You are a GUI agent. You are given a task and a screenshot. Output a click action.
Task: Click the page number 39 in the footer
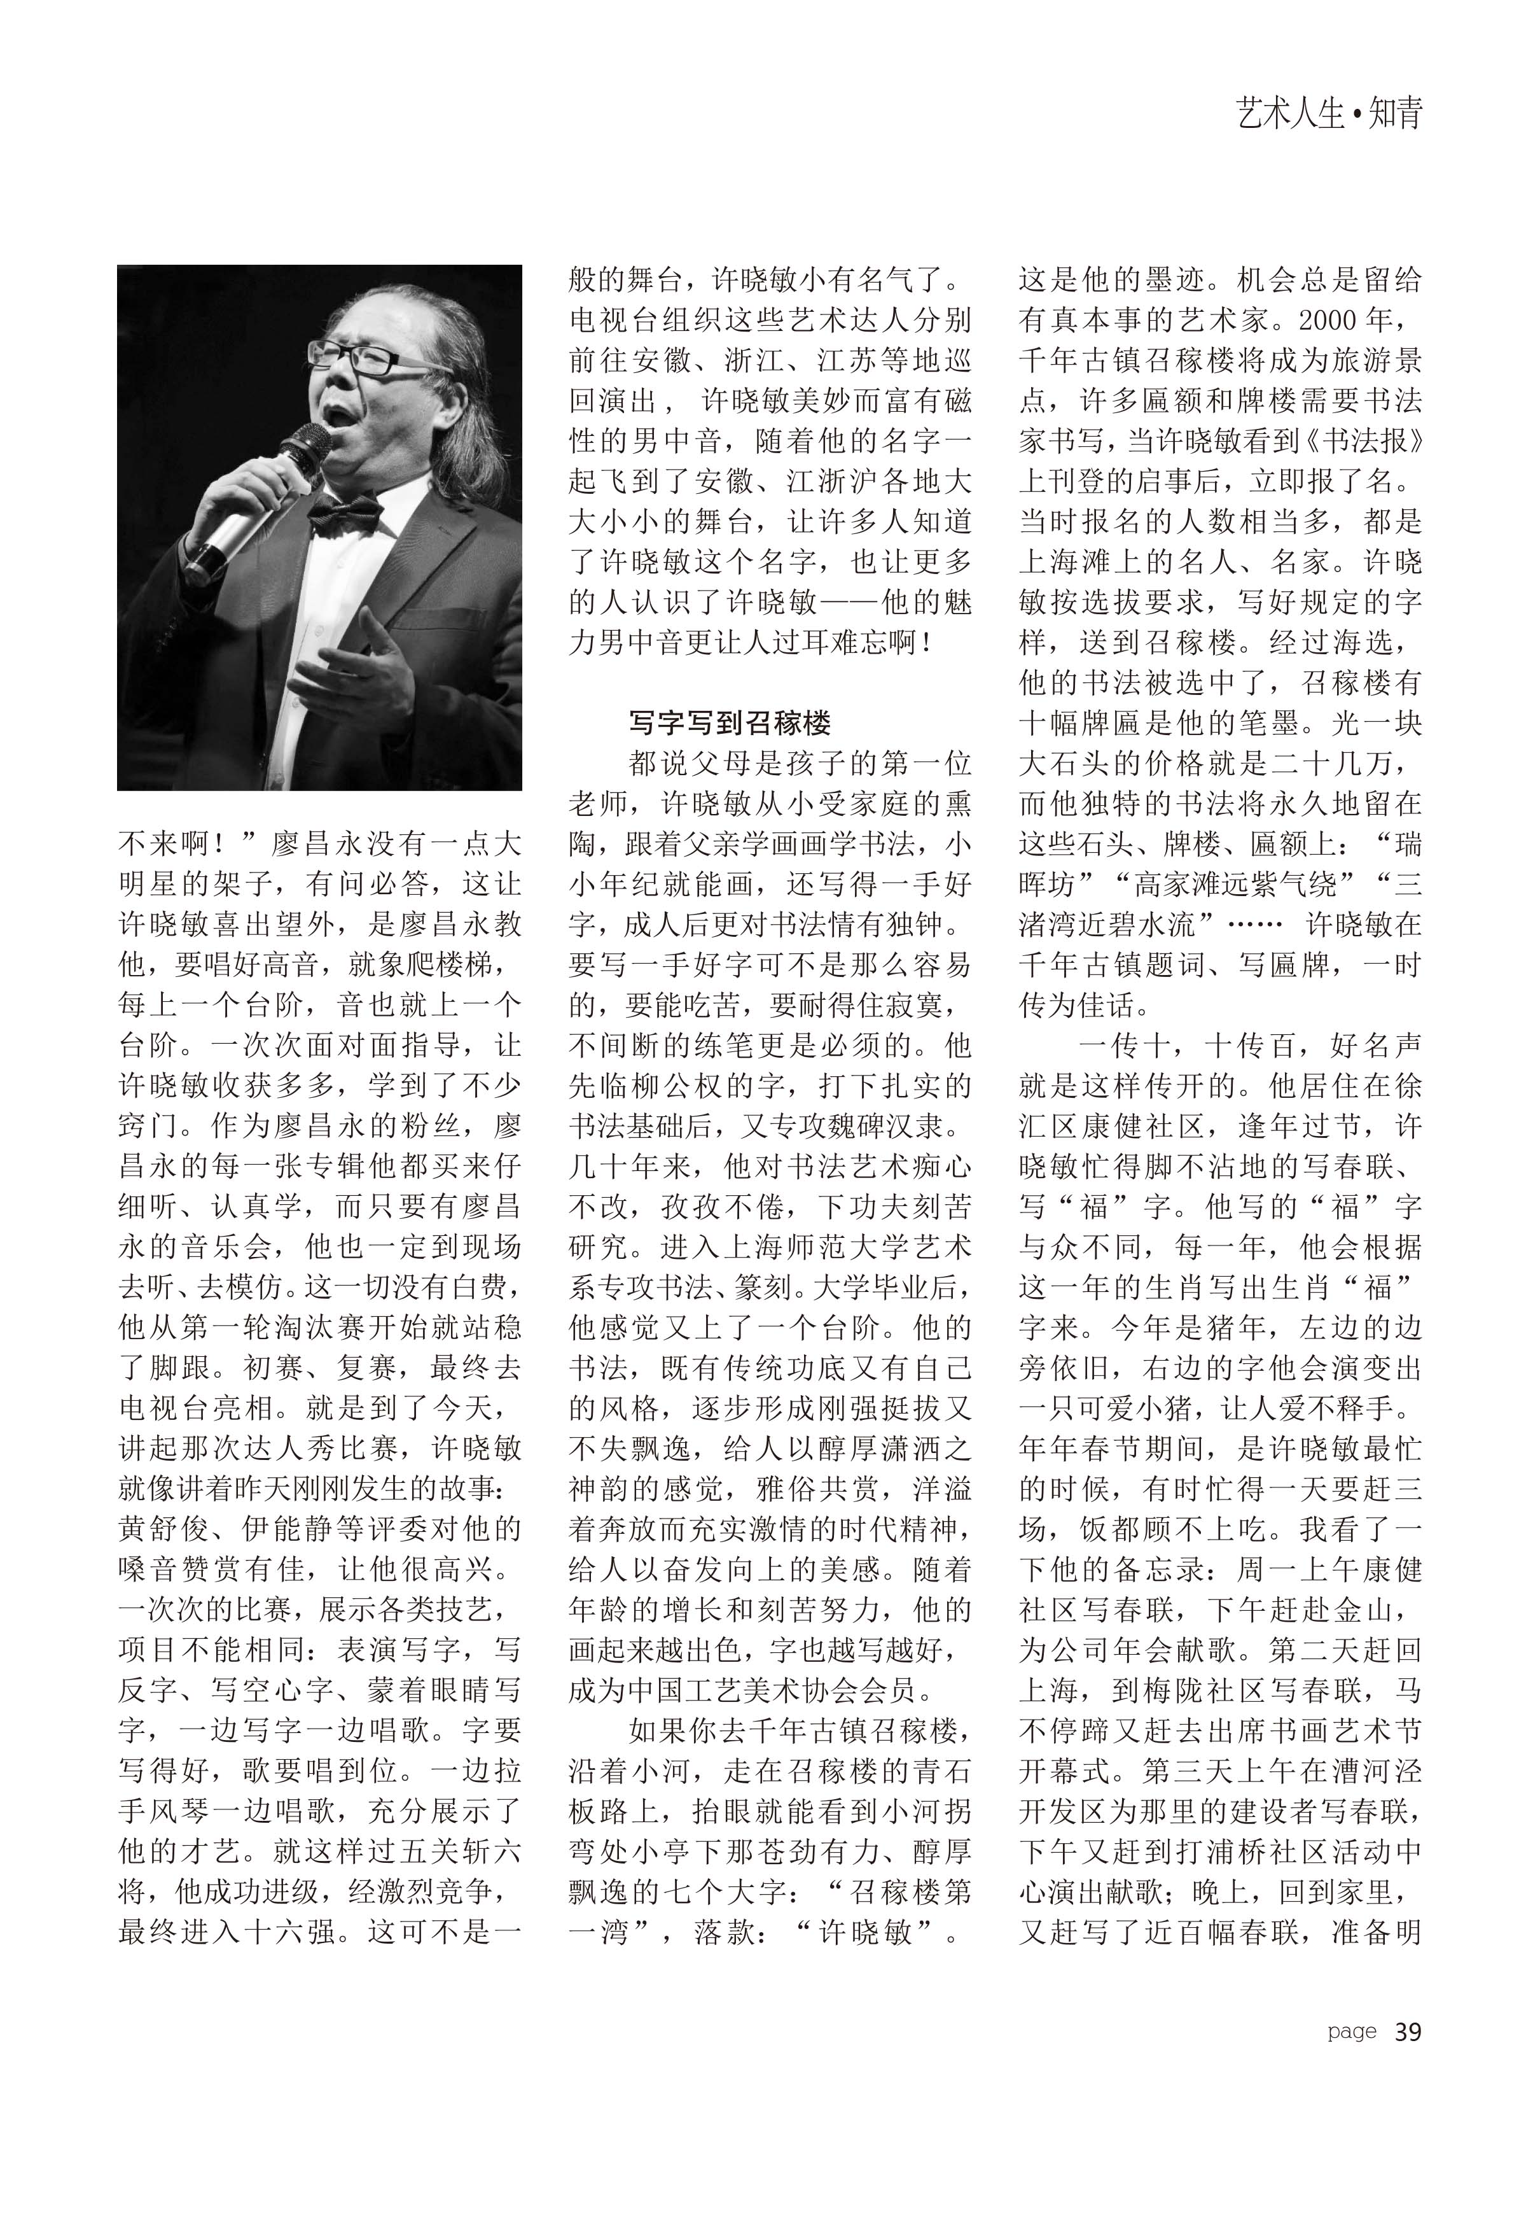(x=1408, y=2032)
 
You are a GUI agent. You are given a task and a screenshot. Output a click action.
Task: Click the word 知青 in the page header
(x=1395, y=115)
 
